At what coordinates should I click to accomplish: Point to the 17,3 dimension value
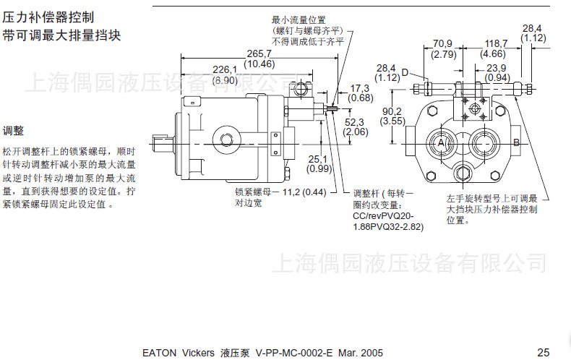pyautogui.click(x=361, y=87)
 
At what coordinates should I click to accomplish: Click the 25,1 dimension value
pyautogui.click(x=318, y=159)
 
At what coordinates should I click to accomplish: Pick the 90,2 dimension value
pyautogui.click(x=393, y=111)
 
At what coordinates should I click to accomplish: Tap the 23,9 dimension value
pyautogui.click(x=497, y=68)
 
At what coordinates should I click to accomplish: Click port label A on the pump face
pyautogui.click(x=440, y=143)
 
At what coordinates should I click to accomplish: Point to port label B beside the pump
pyautogui.click(x=516, y=143)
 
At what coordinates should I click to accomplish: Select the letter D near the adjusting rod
pyautogui.click(x=405, y=72)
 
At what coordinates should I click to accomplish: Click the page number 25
pyautogui.click(x=544, y=352)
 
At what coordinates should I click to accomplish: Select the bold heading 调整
pyautogui.click(x=13, y=131)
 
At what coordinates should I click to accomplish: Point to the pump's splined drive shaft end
pyautogui.click(x=163, y=138)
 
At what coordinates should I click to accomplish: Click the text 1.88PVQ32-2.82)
pyautogui.click(x=388, y=227)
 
